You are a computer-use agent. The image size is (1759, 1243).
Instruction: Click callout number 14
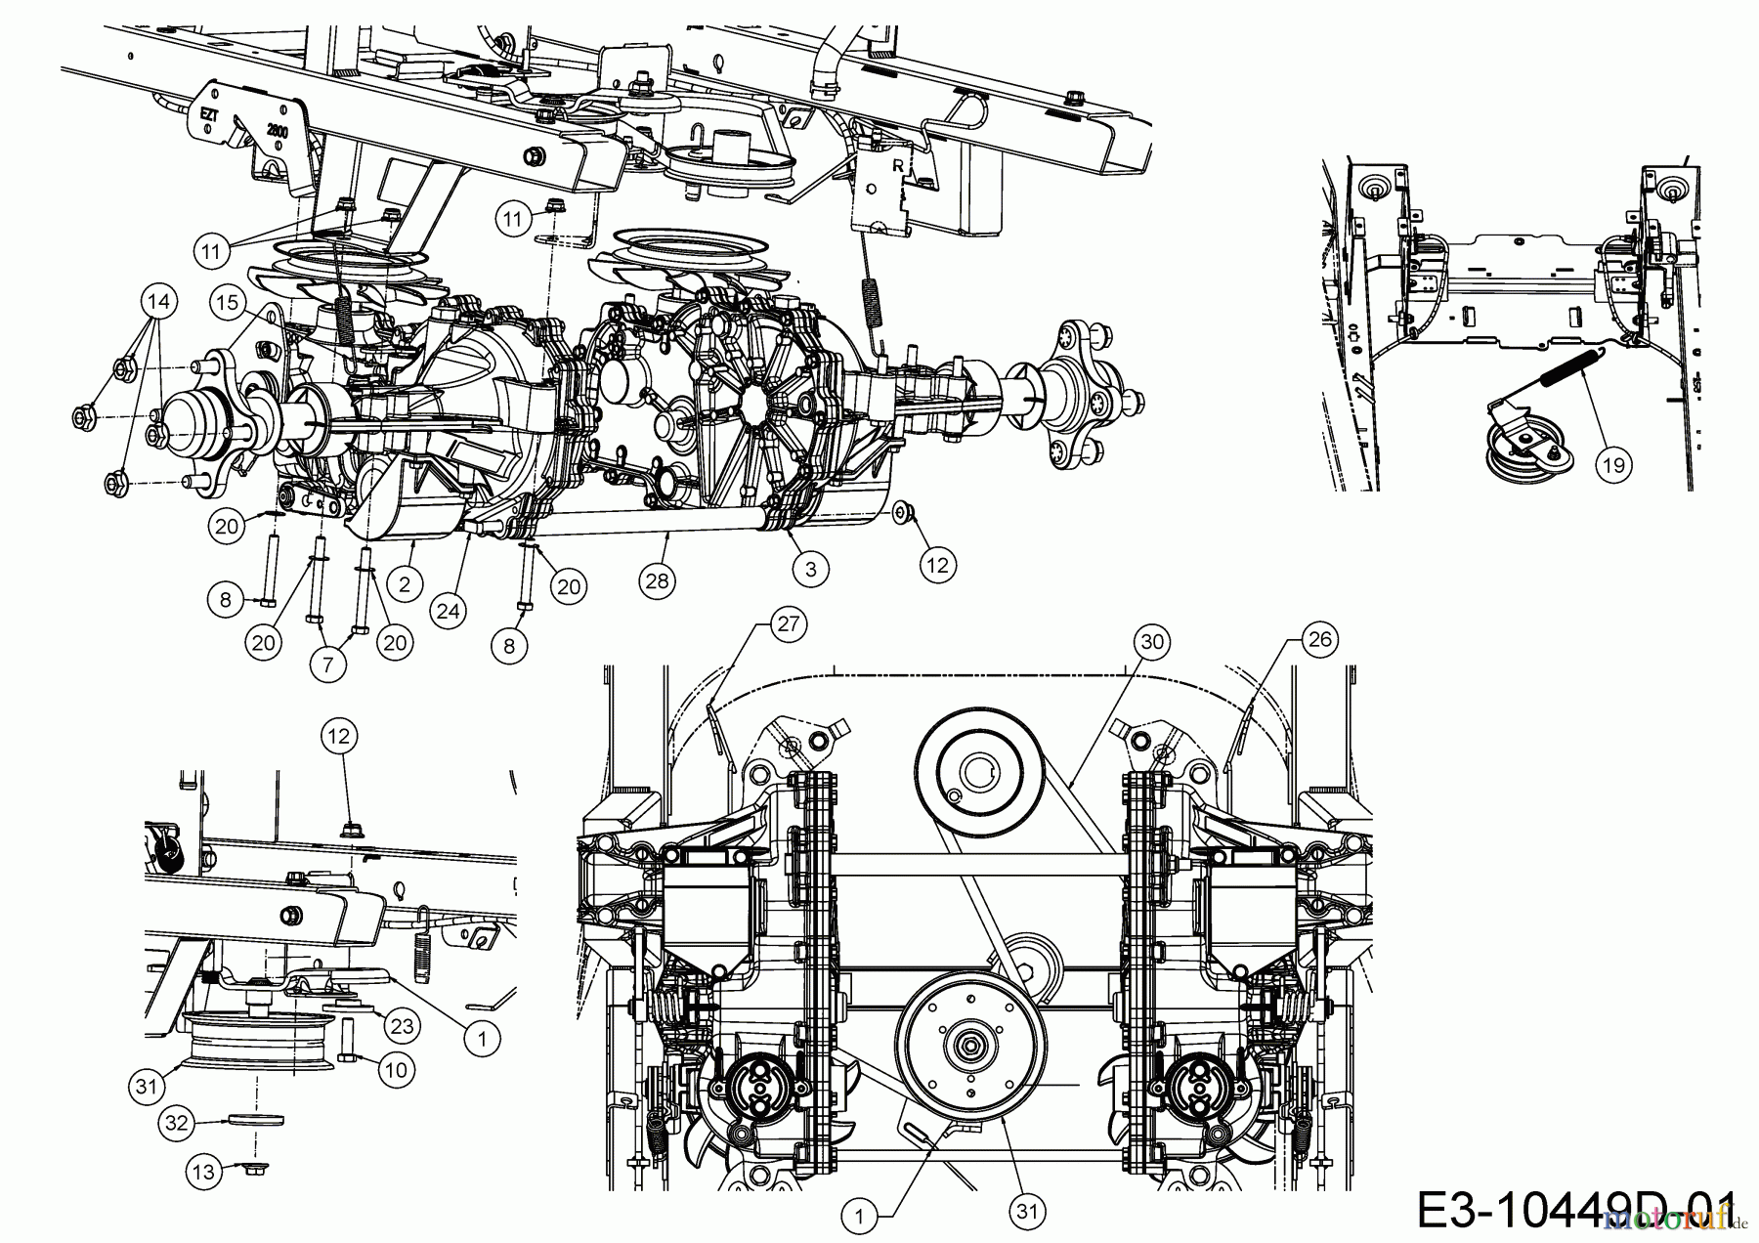coord(159,302)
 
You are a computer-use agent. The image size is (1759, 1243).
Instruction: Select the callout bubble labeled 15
coord(228,303)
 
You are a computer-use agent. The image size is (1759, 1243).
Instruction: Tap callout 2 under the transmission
coord(405,584)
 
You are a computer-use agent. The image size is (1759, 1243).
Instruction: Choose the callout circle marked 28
coord(659,580)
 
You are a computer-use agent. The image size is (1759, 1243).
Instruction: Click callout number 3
coord(810,569)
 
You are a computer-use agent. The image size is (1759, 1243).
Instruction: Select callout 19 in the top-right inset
coord(1613,464)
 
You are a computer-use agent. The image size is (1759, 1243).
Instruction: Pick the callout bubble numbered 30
coord(1153,641)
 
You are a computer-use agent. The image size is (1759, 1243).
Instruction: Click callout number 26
coord(1319,640)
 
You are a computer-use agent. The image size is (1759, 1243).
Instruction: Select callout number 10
coord(395,1071)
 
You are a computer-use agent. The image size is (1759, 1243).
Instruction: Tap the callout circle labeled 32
coord(175,1125)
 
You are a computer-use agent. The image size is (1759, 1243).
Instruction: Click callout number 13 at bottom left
coord(203,1172)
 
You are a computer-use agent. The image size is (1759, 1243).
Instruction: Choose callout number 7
coord(327,665)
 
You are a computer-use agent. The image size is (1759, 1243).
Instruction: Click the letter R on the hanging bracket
coord(896,166)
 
